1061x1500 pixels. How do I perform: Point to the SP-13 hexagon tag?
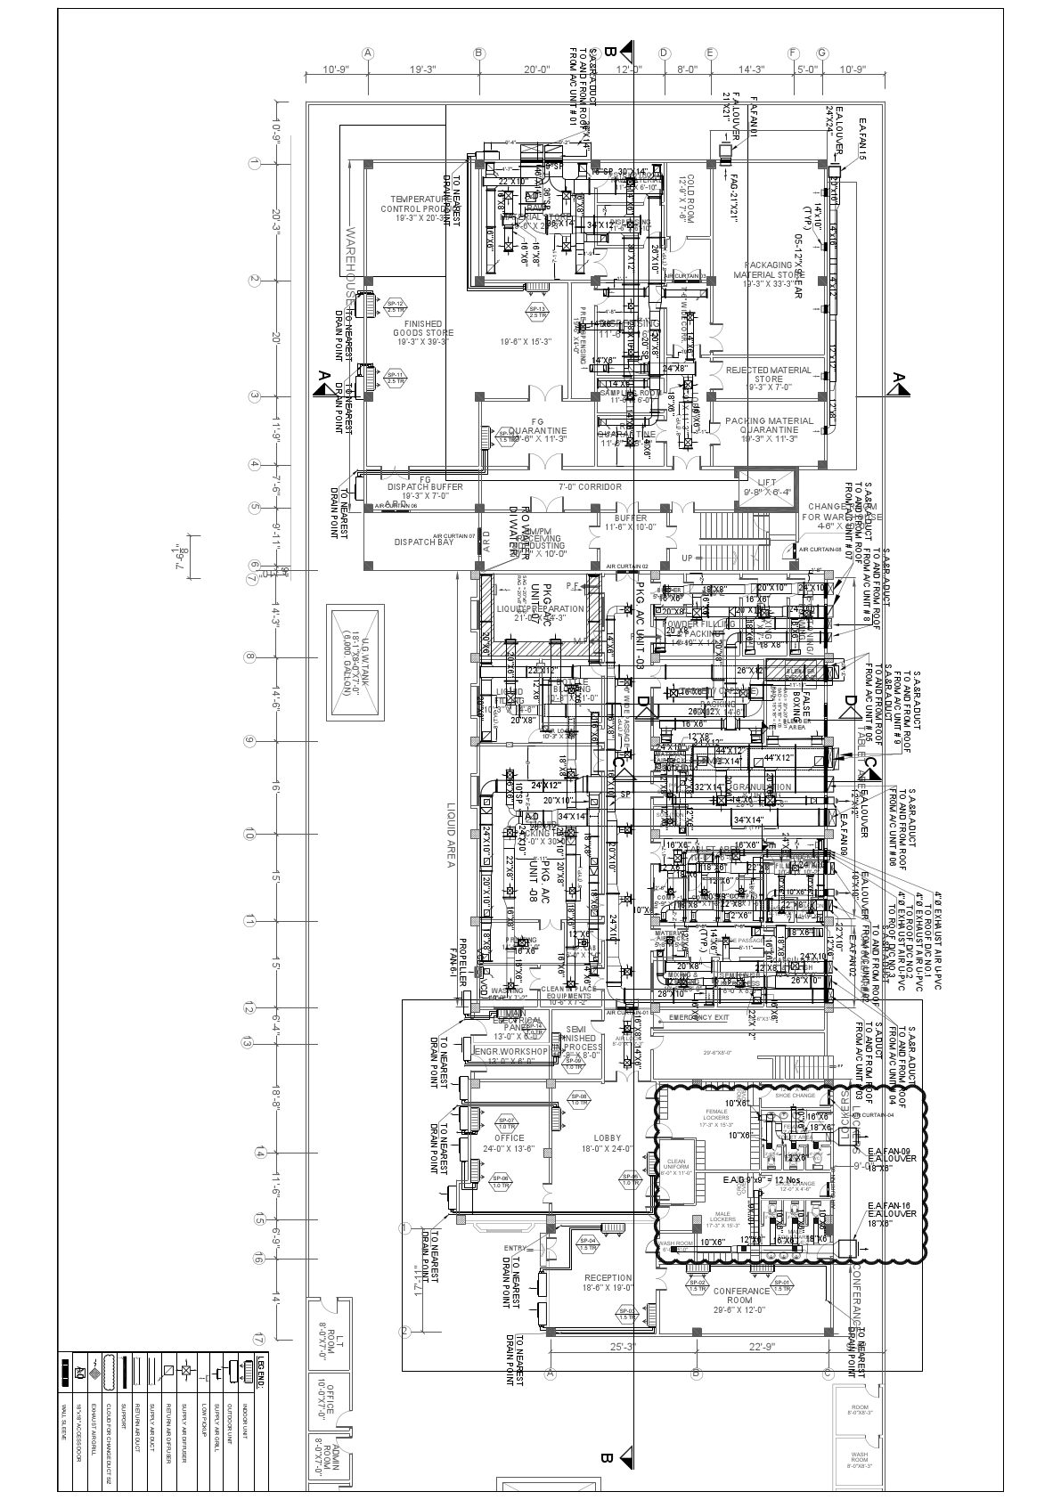point(537,311)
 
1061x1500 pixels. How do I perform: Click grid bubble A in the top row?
point(367,53)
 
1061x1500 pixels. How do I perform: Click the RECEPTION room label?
point(608,1284)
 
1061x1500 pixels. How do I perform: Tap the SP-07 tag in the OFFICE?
point(507,1122)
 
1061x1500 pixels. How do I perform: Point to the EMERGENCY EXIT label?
point(698,1017)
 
